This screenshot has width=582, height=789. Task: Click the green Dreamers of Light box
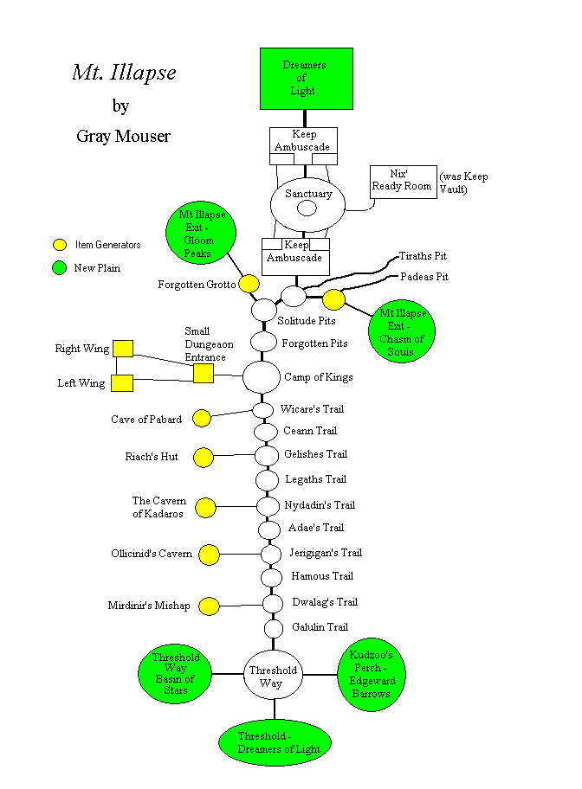coord(307,79)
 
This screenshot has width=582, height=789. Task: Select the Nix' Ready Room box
coord(402,182)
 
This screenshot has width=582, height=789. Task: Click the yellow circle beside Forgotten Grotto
coord(249,284)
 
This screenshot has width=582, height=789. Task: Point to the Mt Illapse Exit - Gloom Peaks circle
coord(197,234)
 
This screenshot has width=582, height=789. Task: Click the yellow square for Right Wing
coord(122,348)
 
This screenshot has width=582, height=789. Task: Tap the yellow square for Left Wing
coord(122,382)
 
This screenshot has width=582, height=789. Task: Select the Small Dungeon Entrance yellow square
coord(203,373)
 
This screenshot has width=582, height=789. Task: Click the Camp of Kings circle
coord(262,376)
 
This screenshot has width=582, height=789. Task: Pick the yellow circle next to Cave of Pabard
coord(202,419)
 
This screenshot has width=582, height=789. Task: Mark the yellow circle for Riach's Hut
coord(204,457)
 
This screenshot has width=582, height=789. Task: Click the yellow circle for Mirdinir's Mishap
coord(209,606)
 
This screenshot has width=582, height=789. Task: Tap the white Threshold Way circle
coord(273,676)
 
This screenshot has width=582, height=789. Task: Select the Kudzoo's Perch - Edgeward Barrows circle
coord(372,676)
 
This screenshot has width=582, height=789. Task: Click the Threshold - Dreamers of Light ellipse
coord(275,742)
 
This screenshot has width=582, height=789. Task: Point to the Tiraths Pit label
coord(423,257)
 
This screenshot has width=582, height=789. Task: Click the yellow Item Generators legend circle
coord(60,245)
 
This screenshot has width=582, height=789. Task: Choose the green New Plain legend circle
coord(60,267)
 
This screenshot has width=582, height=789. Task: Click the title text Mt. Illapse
coord(124,73)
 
